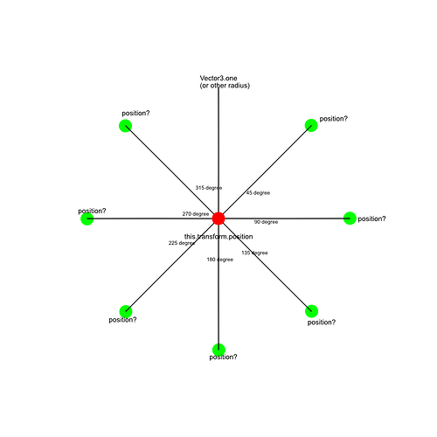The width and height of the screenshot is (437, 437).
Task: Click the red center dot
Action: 218,218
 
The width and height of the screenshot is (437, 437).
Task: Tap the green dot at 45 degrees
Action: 311,126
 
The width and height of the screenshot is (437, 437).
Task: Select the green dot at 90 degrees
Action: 350,218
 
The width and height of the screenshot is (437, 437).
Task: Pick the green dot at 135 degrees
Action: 311,311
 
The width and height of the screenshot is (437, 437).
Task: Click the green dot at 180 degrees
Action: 218,350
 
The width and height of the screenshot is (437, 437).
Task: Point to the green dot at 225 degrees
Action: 126,311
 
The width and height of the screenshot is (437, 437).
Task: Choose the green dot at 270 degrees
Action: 87,218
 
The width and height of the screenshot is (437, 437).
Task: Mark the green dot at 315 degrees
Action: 126,126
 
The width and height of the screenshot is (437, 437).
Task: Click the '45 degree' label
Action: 258,193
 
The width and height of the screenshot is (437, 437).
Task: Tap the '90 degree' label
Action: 266,222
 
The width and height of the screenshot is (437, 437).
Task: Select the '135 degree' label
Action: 254,253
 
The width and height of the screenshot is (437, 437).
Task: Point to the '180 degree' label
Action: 220,260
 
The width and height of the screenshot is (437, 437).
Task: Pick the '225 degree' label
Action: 182,243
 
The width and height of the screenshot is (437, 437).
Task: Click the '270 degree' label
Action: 196,214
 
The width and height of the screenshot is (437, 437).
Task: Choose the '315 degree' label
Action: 209,188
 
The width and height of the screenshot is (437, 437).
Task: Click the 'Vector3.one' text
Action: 218,78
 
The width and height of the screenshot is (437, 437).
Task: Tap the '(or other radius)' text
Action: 225,86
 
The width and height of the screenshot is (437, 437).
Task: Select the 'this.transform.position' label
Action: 218,237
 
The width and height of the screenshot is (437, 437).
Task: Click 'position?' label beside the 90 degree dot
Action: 371,218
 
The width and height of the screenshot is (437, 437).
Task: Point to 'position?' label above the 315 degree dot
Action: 135,113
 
